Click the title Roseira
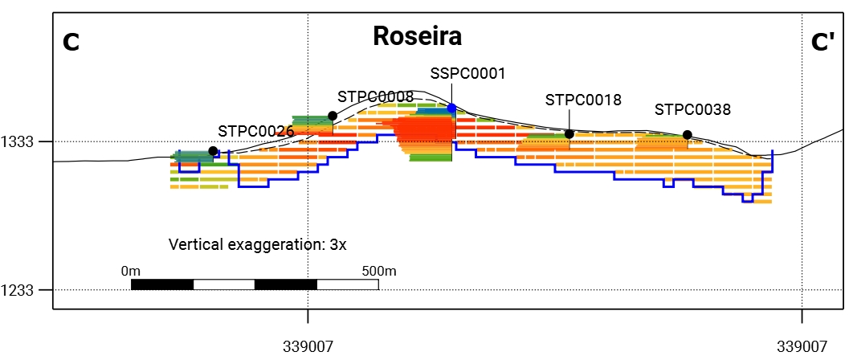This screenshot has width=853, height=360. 417,36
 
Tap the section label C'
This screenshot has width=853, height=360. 822,42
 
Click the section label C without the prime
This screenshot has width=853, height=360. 71,42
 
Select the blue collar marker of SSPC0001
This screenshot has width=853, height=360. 451,108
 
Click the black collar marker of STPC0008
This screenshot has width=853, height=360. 333,116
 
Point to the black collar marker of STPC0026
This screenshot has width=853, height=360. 214,151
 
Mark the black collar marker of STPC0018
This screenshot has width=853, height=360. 569,134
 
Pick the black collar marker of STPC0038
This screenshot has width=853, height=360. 687,134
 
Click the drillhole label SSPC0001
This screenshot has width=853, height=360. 467,73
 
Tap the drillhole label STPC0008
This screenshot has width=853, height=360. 376,97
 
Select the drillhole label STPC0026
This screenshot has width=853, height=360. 256,131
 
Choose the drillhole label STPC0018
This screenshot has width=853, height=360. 583,100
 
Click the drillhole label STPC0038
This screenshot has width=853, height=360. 692,109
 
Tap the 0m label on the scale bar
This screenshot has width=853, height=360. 131,270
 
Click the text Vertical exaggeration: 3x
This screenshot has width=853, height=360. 257,244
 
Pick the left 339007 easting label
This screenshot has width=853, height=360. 308,346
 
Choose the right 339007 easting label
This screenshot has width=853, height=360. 802,346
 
